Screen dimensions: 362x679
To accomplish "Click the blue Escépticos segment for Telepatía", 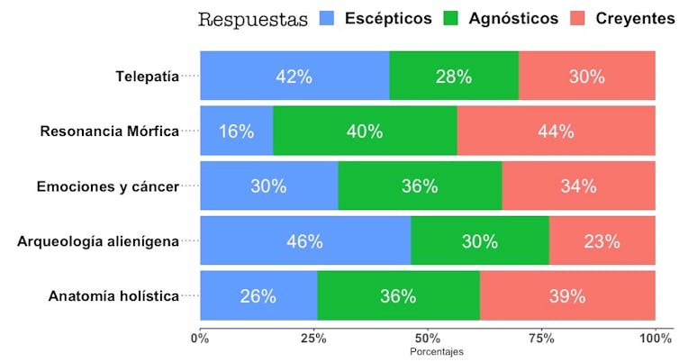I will pyautogui.click(x=294, y=76).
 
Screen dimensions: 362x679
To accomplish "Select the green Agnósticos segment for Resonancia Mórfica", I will pyautogui.click(x=365, y=131).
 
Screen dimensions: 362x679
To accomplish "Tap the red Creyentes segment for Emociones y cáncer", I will pyautogui.click(x=578, y=186).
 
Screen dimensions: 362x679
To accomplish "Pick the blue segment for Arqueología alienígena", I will pyautogui.click(x=304, y=240).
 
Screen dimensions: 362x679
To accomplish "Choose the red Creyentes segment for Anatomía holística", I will pyautogui.click(x=567, y=295).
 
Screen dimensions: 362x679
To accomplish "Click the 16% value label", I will pyautogui.click(x=236, y=131).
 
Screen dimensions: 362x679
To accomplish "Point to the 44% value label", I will pyautogui.click(x=556, y=131).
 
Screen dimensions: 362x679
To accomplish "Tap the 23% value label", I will pyautogui.click(x=602, y=240).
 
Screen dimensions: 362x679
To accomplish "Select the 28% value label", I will pyautogui.click(x=454, y=77).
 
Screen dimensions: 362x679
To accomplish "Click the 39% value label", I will pyautogui.click(x=567, y=295).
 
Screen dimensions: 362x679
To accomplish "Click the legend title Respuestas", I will pyautogui.click(x=252, y=19).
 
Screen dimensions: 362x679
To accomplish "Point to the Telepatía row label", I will pyautogui.click(x=147, y=77).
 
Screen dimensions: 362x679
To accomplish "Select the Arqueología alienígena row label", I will pyautogui.click(x=98, y=240).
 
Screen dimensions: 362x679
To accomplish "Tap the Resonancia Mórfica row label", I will pyautogui.click(x=109, y=131).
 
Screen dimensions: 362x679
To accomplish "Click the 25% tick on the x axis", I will pyautogui.click(x=314, y=338).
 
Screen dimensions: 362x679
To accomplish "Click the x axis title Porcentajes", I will pyautogui.click(x=437, y=351).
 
